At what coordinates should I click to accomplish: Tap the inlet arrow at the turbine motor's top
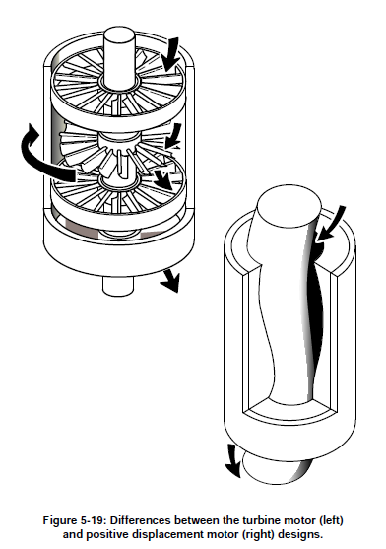[171, 54]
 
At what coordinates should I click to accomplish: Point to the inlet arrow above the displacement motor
[332, 224]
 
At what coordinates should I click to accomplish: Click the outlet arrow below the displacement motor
[232, 460]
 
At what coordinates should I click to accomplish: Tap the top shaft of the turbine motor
[119, 58]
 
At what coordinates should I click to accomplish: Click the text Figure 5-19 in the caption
[73, 520]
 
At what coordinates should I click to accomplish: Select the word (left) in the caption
[331, 520]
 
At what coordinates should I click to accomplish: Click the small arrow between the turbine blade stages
[173, 136]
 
